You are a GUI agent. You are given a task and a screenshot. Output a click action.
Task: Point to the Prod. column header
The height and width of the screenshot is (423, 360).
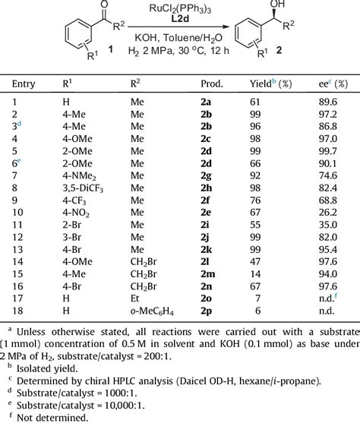click(212, 80)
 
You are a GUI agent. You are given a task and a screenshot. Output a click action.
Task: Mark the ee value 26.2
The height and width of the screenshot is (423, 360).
click(327, 197)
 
